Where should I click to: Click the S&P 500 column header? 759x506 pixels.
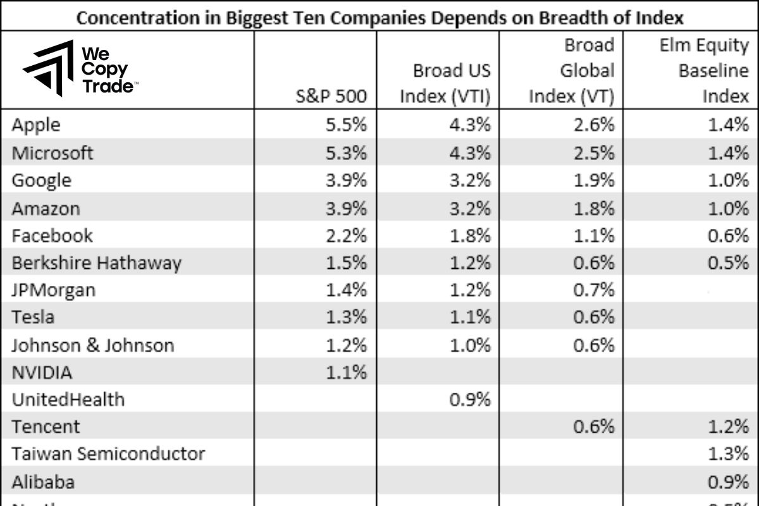pos(331,97)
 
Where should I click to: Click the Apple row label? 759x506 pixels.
pos(36,125)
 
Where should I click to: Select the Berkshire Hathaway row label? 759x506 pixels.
pos(96,262)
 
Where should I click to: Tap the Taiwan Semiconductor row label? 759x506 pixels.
pos(108,454)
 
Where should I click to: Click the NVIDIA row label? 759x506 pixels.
pos(42,373)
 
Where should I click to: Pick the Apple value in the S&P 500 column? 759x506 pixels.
pos(347,125)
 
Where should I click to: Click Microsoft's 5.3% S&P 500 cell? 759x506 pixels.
pos(347,152)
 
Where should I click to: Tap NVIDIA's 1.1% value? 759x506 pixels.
pos(347,373)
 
